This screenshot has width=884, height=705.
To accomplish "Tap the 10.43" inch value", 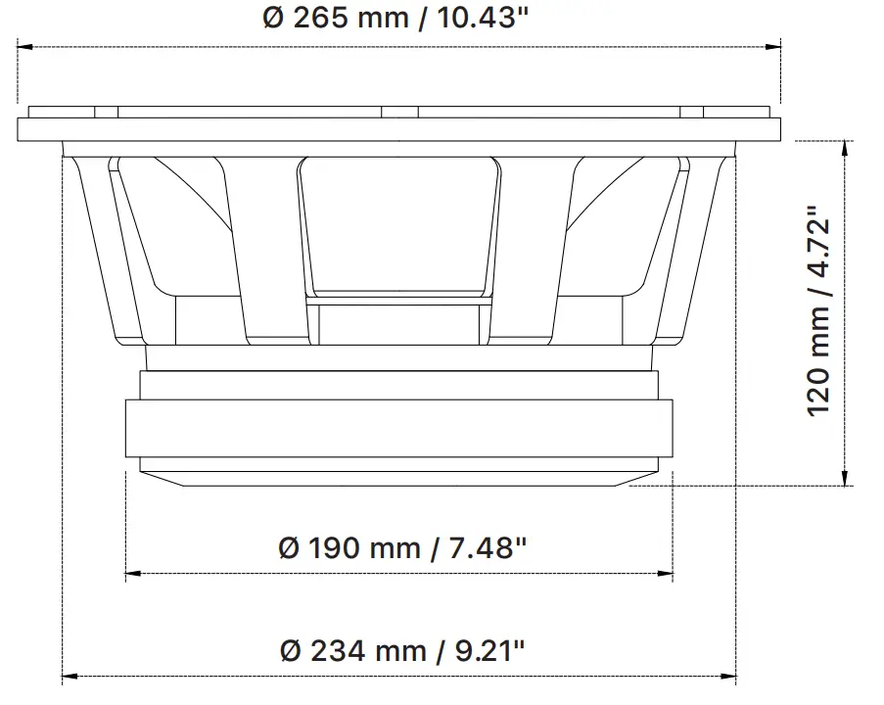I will click(x=465, y=19).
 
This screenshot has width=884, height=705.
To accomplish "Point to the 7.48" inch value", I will click(x=481, y=547).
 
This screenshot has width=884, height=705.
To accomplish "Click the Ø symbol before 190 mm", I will click(x=288, y=547).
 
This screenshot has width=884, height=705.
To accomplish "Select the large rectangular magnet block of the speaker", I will click(x=398, y=427).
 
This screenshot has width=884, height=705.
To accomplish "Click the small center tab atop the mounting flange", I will click(x=398, y=112).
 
